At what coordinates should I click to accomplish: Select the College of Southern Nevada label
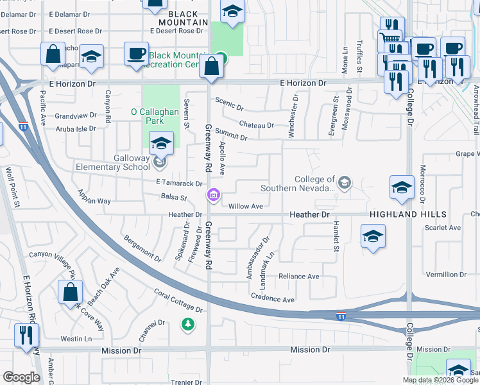(x=298, y=184)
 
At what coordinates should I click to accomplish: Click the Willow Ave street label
(x=246, y=206)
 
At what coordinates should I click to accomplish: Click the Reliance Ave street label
(x=298, y=277)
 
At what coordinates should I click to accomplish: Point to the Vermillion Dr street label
(x=445, y=274)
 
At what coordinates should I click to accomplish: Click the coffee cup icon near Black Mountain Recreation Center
(x=135, y=54)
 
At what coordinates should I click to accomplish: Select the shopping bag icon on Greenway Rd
(x=211, y=66)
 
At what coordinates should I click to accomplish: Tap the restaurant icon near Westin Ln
(x=26, y=335)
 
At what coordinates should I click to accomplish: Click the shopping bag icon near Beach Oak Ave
(x=70, y=292)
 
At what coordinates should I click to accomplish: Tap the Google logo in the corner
(x=21, y=377)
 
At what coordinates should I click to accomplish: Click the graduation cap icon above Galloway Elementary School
(x=161, y=143)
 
